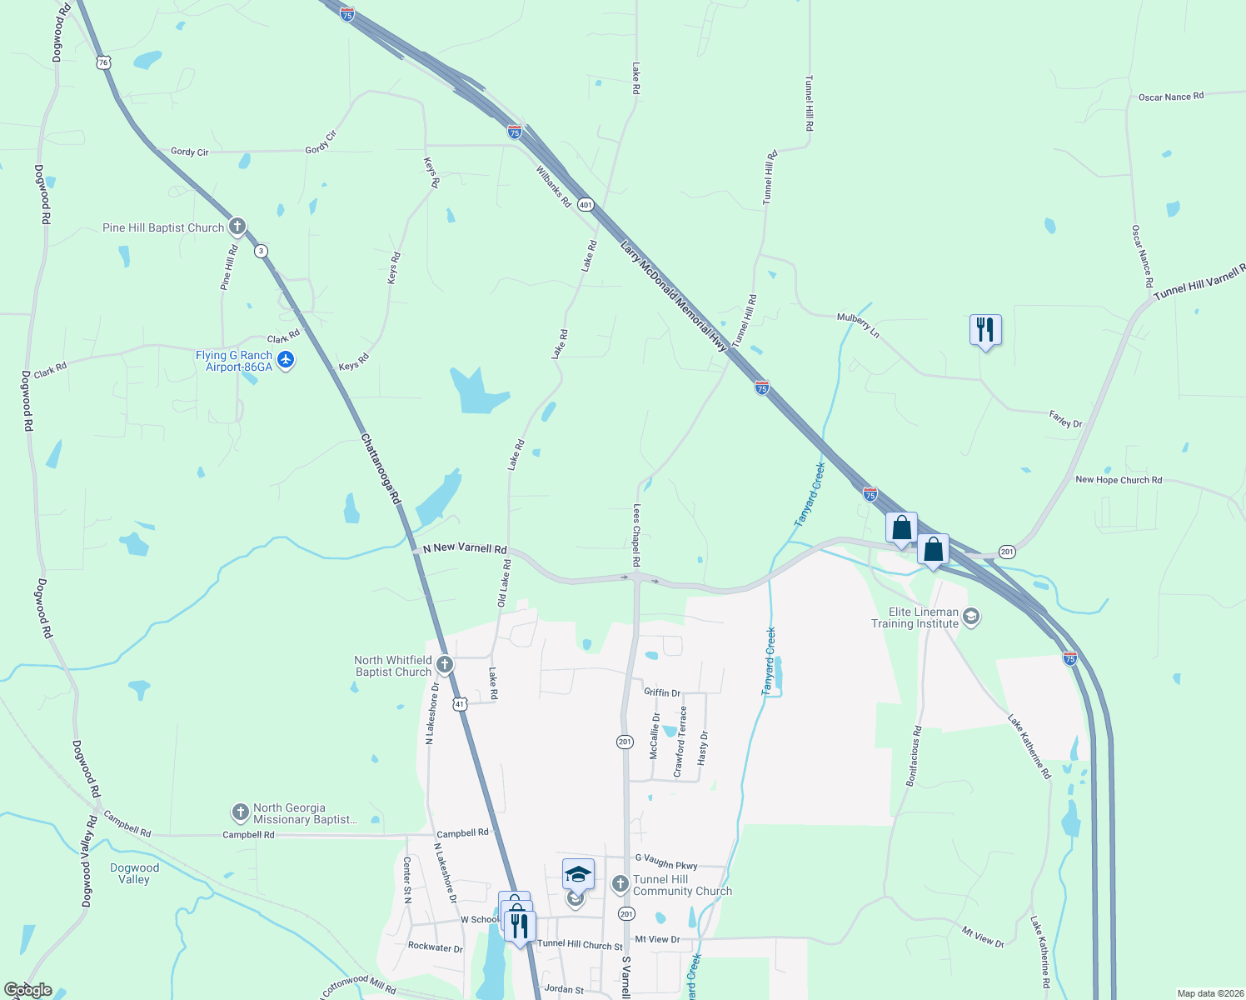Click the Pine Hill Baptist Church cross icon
[x=237, y=227]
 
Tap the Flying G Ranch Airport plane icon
[x=286, y=360]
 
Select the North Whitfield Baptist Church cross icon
[x=445, y=665]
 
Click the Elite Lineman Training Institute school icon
[x=970, y=617]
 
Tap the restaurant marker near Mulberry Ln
[x=985, y=330]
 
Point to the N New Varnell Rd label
[x=465, y=548]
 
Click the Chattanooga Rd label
[x=380, y=468]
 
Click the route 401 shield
[x=586, y=205]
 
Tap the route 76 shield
[x=102, y=62]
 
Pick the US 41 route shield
[x=460, y=704]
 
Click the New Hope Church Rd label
[x=1119, y=480]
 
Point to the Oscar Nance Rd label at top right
[x=1170, y=97]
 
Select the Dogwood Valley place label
[x=134, y=873]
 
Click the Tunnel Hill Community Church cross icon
[x=620, y=884]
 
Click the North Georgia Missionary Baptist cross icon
[x=240, y=812]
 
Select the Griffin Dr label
[x=662, y=692]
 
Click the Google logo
[x=27, y=990]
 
